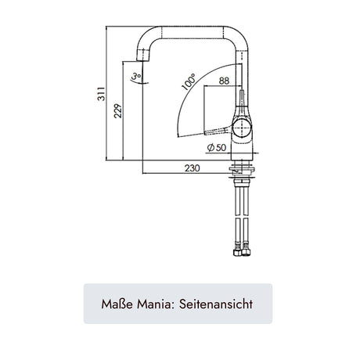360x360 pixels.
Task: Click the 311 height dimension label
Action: [x=101, y=94]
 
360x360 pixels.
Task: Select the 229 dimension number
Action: [x=118, y=111]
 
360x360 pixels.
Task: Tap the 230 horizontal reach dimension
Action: [x=193, y=168]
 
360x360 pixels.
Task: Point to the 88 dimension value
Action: [x=224, y=81]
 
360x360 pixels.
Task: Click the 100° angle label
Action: [x=189, y=82]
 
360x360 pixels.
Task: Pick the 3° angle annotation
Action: [x=137, y=77]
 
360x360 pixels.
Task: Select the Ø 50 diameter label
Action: [x=217, y=148]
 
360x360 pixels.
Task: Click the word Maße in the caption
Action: [x=117, y=304]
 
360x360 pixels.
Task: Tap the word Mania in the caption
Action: [x=156, y=304]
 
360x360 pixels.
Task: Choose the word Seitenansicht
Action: [x=216, y=304]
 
